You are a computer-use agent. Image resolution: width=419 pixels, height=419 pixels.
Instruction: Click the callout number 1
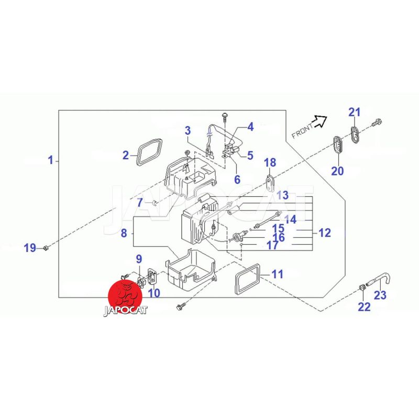point(51,160)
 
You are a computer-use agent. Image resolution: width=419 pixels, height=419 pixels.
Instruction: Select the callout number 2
point(126,155)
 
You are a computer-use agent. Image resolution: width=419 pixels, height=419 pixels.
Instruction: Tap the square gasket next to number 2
point(148,152)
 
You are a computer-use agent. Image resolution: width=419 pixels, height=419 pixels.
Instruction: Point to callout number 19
point(30,247)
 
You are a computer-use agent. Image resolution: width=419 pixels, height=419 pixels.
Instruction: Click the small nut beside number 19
point(46,247)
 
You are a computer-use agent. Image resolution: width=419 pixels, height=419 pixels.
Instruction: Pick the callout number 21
point(355,112)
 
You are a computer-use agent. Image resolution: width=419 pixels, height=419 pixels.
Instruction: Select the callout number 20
point(337,171)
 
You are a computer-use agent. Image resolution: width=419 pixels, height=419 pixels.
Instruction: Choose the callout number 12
point(325,233)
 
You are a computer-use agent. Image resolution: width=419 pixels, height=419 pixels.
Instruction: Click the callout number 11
point(277,273)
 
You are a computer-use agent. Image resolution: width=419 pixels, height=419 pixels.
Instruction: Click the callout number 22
point(364,306)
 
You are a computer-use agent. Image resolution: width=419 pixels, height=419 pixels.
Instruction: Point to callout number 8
point(124,234)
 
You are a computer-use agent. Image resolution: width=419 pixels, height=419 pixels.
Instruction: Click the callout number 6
point(237,179)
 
